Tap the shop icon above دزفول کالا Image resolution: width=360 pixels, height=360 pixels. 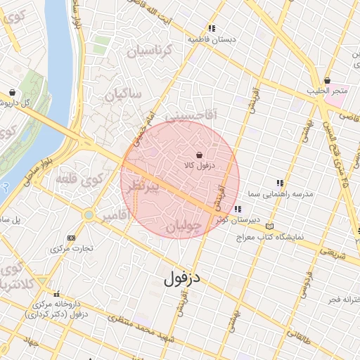[200, 155]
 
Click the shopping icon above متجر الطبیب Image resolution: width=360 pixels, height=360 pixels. [328, 81]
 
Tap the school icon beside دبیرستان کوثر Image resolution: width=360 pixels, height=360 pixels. [238, 209]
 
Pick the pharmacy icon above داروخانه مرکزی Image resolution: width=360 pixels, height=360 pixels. [57, 295]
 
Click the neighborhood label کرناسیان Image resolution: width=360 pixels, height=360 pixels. [147, 51]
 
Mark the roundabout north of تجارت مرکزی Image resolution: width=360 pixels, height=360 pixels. [89, 214]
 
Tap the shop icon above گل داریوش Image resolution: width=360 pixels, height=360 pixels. [12, 92]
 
